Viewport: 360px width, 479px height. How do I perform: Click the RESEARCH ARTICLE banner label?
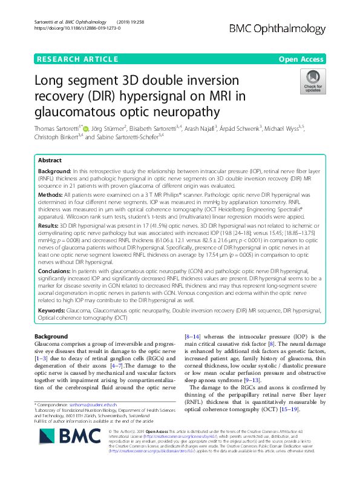(78, 59)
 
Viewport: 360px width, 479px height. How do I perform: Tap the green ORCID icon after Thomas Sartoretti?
(86, 128)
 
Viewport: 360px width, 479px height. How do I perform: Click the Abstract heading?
(50, 160)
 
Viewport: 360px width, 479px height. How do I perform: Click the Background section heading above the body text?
(51, 336)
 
